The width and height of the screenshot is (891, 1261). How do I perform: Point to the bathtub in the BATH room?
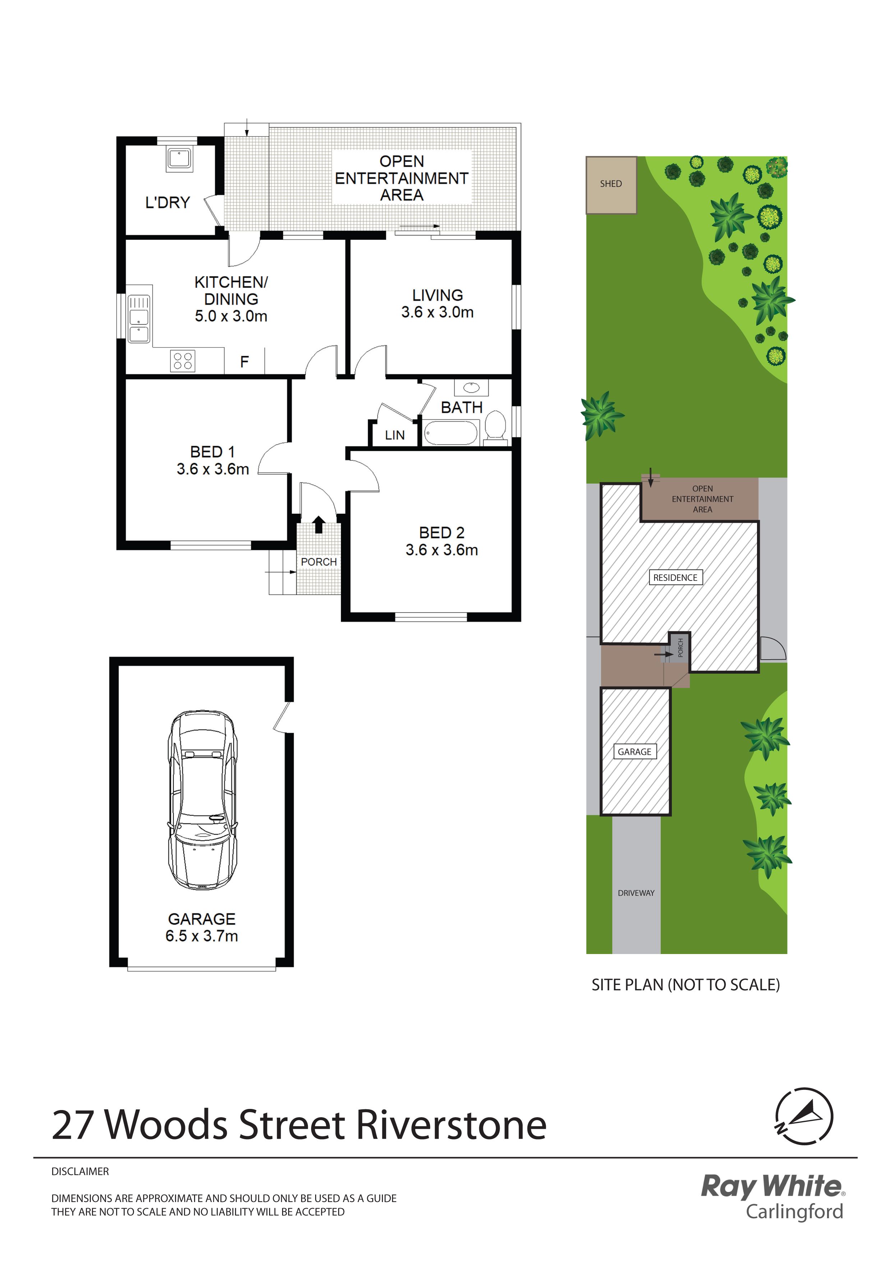click(x=451, y=433)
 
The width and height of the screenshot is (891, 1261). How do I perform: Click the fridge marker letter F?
click(x=244, y=361)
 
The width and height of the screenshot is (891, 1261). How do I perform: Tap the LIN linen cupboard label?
click(x=395, y=435)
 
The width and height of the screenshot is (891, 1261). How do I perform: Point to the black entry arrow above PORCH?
click(x=318, y=524)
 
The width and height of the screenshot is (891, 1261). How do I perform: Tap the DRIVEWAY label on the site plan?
click(x=636, y=893)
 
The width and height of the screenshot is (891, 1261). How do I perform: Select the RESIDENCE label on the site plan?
click(x=675, y=578)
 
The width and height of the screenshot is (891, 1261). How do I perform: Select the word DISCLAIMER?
click(x=80, y=1171)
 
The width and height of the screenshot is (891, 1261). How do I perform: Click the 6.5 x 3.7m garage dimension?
click(x=202, y=936)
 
